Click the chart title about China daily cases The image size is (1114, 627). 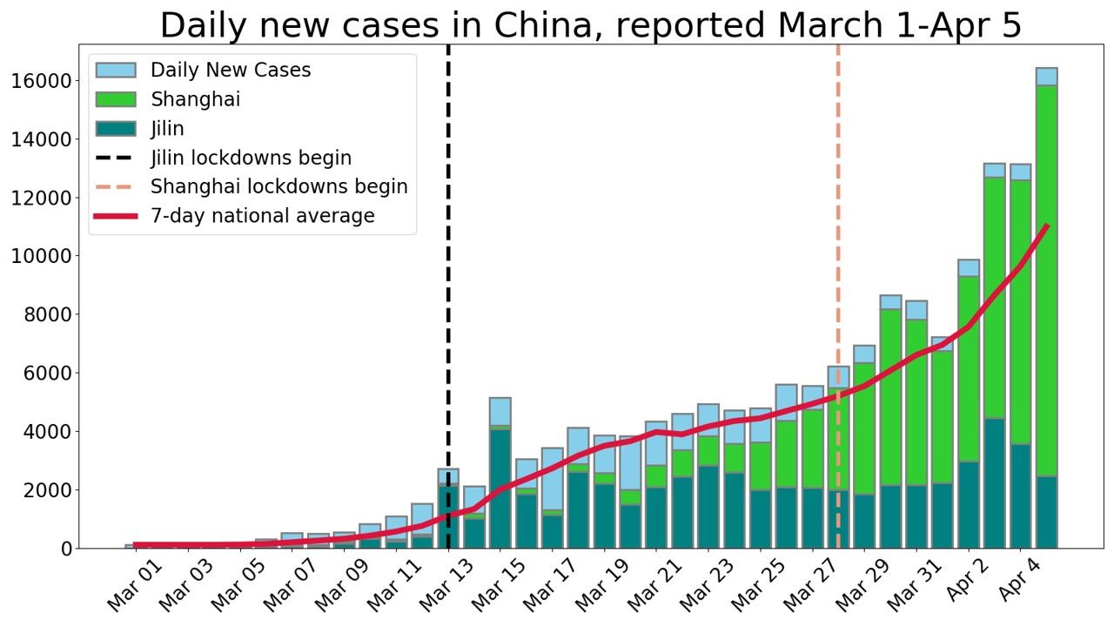click(x=591, y=25)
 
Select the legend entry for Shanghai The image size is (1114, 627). click(x=195, y=99)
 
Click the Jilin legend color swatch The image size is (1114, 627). click(x=116, y=129)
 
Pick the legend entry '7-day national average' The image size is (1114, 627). click(x=262, y=216)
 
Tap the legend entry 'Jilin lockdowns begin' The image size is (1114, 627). click(x=251, y=158)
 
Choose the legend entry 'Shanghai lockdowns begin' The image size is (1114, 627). click(x=278, y=187)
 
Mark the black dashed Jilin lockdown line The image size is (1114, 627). click(x=448, y=287)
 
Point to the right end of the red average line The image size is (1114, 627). click(x=1046, y=226)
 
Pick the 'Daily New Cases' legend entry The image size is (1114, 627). click(x=230, y=71)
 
